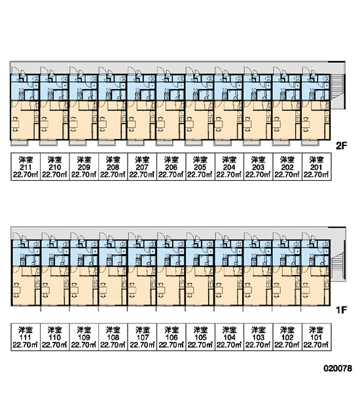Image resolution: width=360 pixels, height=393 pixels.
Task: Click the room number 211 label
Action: (26, 167)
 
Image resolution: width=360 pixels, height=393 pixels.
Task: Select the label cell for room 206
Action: (171, 166)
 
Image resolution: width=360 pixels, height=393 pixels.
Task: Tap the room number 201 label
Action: (316, 167)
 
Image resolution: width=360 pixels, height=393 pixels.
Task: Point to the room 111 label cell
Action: (26, 337)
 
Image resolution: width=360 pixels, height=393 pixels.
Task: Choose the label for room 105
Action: (200, 337)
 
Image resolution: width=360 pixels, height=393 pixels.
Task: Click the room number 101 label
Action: (316, 337)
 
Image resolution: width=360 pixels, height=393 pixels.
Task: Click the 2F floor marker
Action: (341, 145)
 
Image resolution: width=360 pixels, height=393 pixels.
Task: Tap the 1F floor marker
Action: (341, 310)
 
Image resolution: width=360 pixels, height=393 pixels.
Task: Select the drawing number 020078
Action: (338, 368)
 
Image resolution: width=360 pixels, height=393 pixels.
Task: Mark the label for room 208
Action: (113, 166)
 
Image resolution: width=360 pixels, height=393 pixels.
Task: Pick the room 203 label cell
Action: (258, 166)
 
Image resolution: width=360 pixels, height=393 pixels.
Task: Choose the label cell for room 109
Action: (84, 337)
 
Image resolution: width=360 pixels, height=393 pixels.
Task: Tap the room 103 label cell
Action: (258, 337)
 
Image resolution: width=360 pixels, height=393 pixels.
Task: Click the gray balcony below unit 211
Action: (19, 143)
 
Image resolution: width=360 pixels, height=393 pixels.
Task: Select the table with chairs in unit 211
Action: (15, 124)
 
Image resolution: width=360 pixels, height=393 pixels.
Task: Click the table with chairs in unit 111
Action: (16, 290)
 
